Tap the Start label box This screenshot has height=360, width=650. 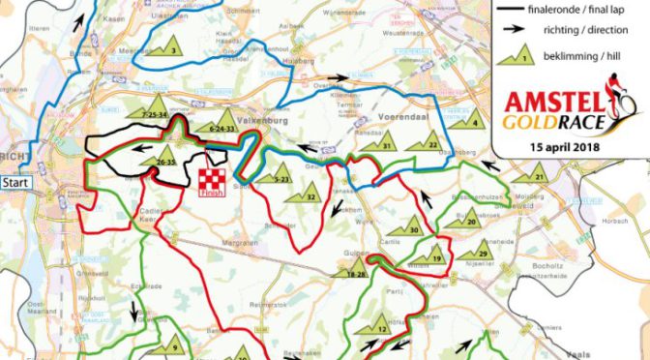15,181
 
